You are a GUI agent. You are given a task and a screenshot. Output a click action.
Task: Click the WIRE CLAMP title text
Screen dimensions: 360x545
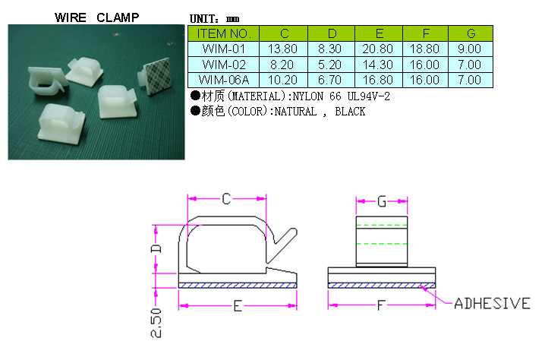pyautogui.click(x=96, y=17)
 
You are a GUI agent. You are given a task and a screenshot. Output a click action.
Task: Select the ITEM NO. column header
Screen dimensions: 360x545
pyautogui.click(x=223, y=33)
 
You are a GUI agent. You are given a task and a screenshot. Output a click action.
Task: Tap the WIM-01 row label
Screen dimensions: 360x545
pyautogui.click(x=223, y=48)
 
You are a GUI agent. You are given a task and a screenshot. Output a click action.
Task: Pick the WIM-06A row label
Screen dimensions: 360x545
pyautogui.click(x=223, y=79)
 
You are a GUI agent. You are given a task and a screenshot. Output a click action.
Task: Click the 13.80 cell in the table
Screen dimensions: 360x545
pyautogui.click(x=284, y=48)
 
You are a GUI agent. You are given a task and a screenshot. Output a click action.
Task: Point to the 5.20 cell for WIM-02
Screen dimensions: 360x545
pyautogui.click(x=331, y=64)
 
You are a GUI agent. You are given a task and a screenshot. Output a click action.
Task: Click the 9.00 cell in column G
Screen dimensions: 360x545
pyautogui.click(x=471, y=48)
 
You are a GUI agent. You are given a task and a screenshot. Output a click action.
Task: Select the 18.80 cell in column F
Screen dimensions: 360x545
pyautogui.click(x=426, y=48)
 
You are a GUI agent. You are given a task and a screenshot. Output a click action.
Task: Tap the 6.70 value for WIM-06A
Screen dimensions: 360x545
pyautogui.click(x=331, y=79)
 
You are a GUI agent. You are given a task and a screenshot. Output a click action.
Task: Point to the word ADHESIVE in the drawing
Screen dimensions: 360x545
pyautogui.click(x=492, y=304)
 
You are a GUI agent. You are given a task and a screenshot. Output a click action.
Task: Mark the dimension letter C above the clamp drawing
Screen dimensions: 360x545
pyautogui.click(x=226, y=199)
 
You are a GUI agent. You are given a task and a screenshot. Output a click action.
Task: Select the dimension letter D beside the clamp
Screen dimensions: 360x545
pyautogui.click(x=156, y=249)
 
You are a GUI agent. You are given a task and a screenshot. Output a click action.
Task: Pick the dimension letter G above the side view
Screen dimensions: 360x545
pyautogui.click(x=382, y=201)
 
